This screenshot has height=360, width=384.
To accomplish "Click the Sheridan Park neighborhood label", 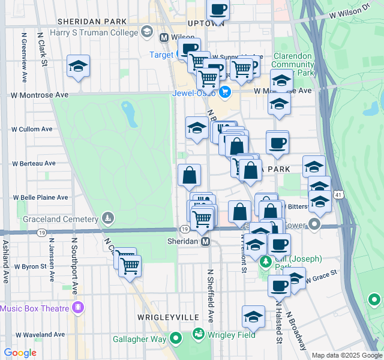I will coord(92,21).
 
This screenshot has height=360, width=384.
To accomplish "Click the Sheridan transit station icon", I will coord(205,241).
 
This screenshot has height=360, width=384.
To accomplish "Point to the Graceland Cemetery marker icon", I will coord(108,217).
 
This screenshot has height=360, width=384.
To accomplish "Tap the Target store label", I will coord(161,55).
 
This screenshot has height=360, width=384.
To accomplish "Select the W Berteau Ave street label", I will coord(34,163).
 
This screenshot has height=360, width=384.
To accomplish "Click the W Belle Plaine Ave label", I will coord(41,197).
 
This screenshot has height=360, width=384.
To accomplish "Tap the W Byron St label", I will coord(31,266).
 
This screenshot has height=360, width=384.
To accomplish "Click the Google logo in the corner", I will coord(20,353).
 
